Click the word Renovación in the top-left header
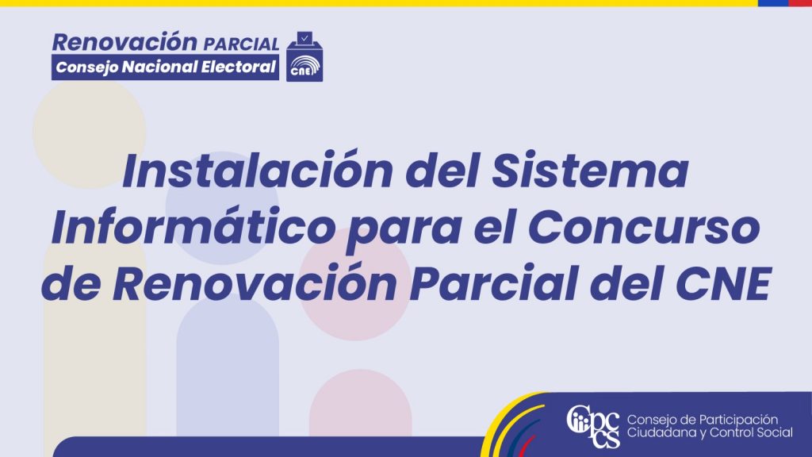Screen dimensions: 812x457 tap(124, 42)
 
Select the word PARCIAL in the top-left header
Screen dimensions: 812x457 tap(241, 44)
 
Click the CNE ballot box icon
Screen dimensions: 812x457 tap(304, 56)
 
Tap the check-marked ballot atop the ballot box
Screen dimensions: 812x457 tap(304, 38)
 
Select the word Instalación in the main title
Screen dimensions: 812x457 tap(258, 171)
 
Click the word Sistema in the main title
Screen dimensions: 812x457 tap(590, 171)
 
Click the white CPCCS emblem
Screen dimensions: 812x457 tap(593, 426)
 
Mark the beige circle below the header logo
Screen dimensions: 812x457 tap(89, 132)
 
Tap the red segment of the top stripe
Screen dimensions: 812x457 tap(800, 3)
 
